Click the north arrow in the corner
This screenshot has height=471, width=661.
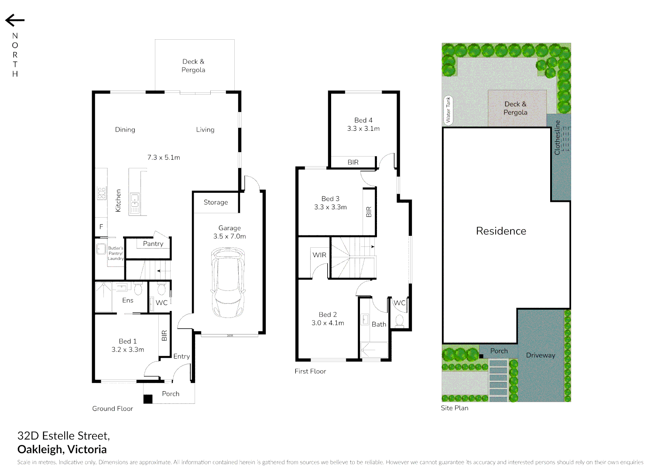coord(15,20)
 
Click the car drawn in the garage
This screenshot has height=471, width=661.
coord(228,282)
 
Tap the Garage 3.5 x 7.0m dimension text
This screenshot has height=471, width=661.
coord(229,236)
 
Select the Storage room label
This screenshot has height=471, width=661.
coord(216,202)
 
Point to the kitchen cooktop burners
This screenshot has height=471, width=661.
coord(101,193)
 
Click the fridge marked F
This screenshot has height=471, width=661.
coord(101,227)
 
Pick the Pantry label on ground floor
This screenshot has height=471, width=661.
coord(153,244)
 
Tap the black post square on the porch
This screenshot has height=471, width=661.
coord(148,399)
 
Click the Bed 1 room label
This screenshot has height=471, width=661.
coord(127,341)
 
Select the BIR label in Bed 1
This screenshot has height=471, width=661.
coord(164,335)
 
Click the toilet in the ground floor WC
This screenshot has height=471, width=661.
coord(161,290)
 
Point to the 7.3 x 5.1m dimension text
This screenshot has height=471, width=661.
coord(164,157)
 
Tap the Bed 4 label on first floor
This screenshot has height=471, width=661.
coord(363,120)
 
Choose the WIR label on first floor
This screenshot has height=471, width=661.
coord(319,255)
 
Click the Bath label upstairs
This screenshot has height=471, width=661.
coord(379,324)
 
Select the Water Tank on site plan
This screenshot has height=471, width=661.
coord(448,110)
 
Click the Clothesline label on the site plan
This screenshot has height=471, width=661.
coord(557,137)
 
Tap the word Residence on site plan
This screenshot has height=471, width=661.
coord(501,231)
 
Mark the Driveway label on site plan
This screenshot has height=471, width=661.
coord(541,355)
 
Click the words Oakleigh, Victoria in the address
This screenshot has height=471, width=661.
coord(62,449)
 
